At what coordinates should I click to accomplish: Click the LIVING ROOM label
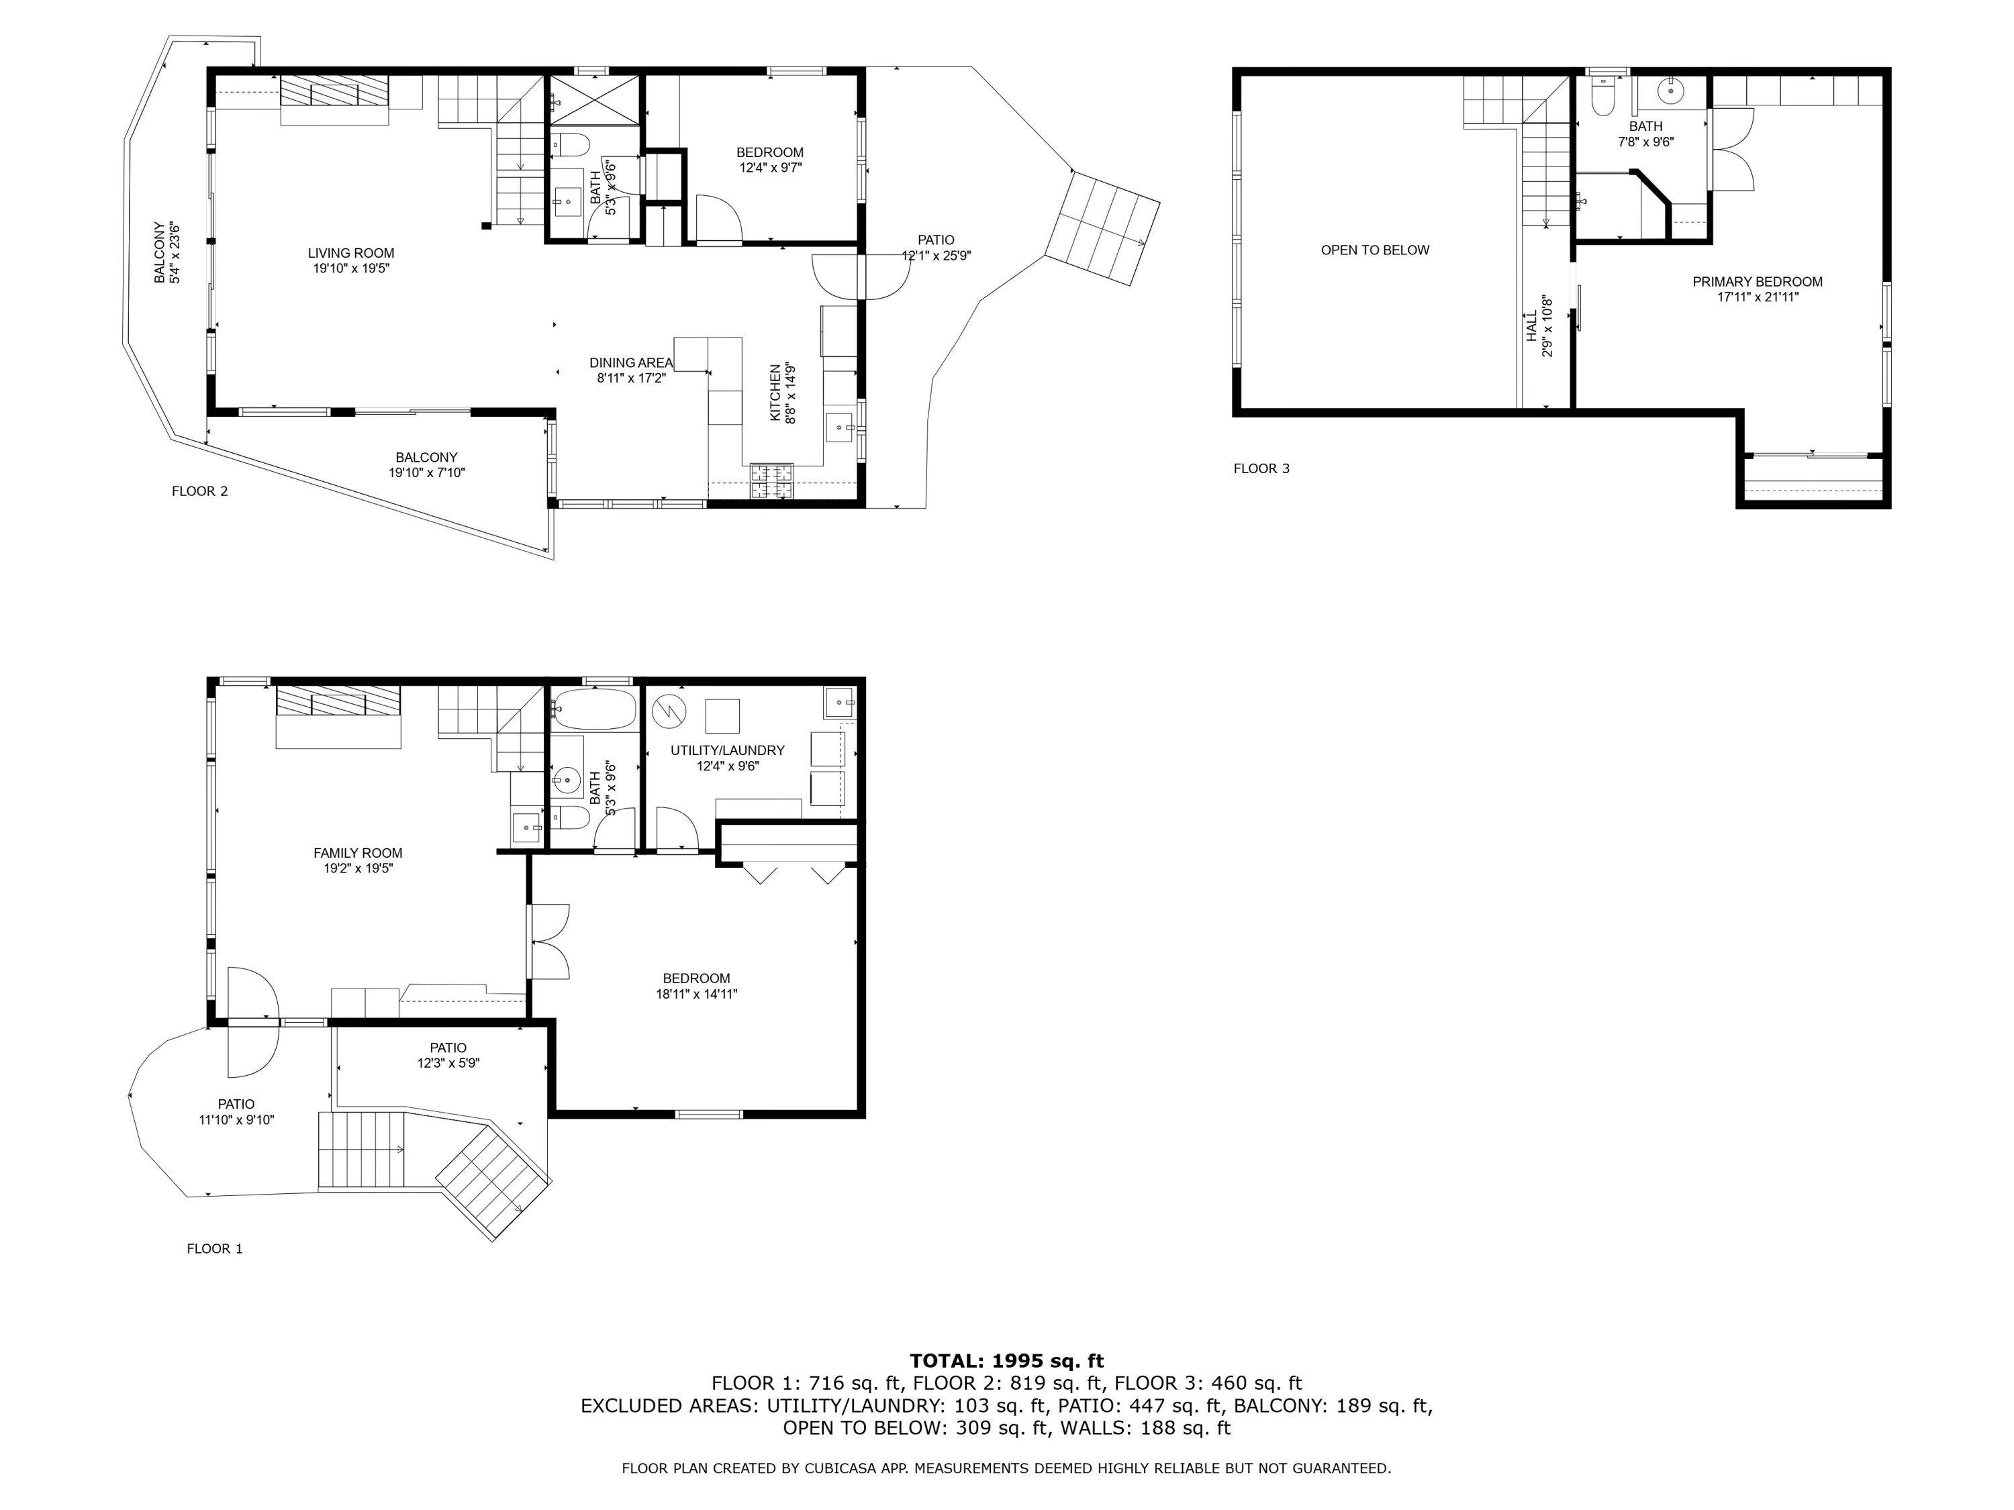[x=350, y=253]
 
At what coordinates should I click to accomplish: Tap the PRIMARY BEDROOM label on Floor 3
[x=1758, y=282]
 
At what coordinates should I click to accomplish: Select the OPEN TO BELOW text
[x=1375, y=250]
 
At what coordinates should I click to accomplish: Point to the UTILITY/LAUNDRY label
[x=728, y=751]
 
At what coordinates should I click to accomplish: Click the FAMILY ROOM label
[x=358, y=854]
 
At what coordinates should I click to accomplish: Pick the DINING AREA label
[x=631, y=363]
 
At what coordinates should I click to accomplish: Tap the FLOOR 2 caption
[x=199, y=491]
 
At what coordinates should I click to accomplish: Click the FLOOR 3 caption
[x=1261, y=468]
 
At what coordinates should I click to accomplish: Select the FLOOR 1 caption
[x=215, y=1249]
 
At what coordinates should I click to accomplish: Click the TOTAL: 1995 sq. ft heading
[x=1006, y=1362]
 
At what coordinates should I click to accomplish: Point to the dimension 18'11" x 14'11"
[x=697, y=995]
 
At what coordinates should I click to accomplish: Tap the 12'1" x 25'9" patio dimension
[x=936, y=256]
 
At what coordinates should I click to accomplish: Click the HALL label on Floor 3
[x=1531, y=326]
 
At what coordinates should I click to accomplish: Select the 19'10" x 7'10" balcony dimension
[x=426, y=473]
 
